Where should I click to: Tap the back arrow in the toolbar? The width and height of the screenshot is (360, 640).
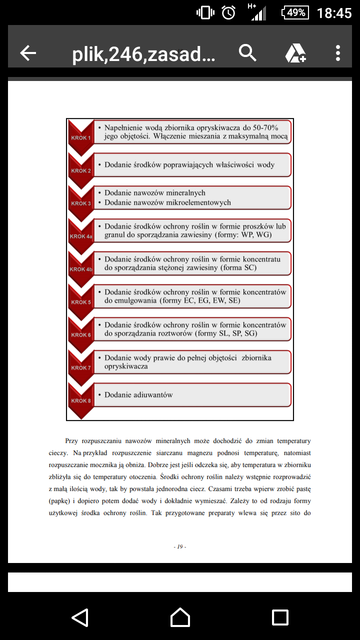pyautogui.click(x=28, y=53)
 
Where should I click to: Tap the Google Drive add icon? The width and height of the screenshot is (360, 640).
pyautogui.click(x=295, y=53)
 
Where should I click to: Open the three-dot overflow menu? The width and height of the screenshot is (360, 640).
pyautogui.click(x=338, y=53)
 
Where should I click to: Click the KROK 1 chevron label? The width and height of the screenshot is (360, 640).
pyautogui.click(x=80, y=137)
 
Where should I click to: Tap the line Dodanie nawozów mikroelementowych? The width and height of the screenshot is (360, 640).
pyautogui.click(x=167, y=202)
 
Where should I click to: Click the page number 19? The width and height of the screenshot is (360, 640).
pyautogui.click(x=180, y=546)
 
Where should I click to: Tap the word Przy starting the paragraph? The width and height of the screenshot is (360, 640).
pyautogui.click(x=71, y=441)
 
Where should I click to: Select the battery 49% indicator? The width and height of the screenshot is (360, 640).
pyautogui.click(x=295, y=12)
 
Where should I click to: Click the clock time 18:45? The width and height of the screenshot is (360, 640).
pyautogui.click(x=334, y=13)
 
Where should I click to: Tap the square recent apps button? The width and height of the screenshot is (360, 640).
pyautogui.click(x=280, y=617)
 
